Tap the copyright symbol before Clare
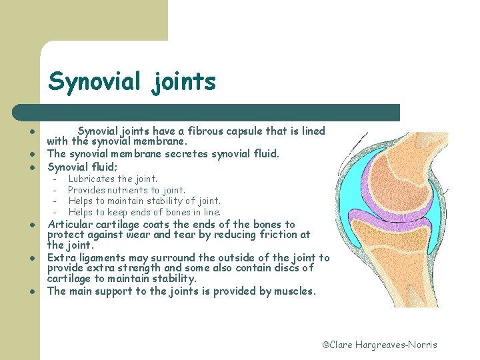pyautogui.click(x=326, y=345)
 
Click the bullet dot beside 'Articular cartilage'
pyautogui.click(x=31, y=225)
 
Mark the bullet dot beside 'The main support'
pyautogui.click(x=31, y=292)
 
